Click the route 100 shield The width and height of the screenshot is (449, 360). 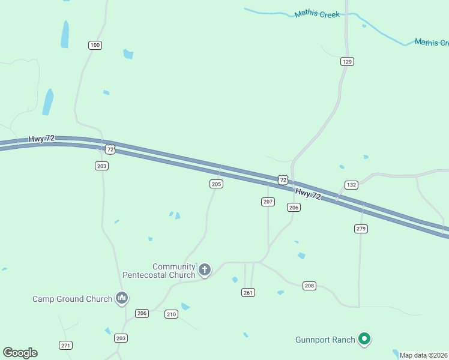[x=95, y=45]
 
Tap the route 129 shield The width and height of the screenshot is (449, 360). [x=347, y=61]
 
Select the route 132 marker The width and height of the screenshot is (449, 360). [x=351, y=185]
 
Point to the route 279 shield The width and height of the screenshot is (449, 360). [x=361, y=229]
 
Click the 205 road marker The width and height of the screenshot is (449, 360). [x=217, y=184]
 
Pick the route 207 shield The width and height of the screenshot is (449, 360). [x=268, y=202]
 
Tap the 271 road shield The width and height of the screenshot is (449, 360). [x=66, y=345]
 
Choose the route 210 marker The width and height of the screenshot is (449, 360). [x=171, y=314]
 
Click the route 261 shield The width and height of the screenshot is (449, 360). [x=249, y=292]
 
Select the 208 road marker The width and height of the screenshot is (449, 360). [x=309, y=286]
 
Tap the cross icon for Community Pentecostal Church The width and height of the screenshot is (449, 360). [x=205, y=270]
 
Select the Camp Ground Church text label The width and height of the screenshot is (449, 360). [x=72, y=299]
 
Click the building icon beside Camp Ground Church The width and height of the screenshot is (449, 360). [x=122, y=298]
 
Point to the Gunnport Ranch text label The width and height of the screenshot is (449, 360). [x=325, y=340]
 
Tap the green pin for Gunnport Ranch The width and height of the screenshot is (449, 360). [x=364, y=339]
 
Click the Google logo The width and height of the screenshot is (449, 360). [x=20, y=353]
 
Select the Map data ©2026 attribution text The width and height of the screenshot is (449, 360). [x=424, y=355]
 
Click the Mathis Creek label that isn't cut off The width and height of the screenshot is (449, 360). [x=317, y=14]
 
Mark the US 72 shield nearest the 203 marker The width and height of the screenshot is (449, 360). [x=109, y=148]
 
